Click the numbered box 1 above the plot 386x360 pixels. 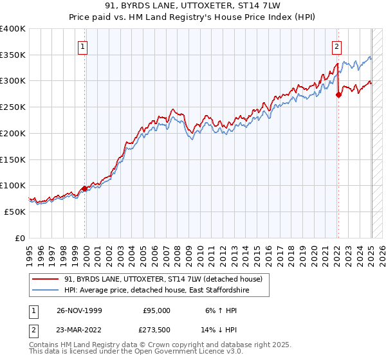point(84,46)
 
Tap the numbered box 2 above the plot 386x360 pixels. point(336,46)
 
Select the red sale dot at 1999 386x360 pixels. point(85,188)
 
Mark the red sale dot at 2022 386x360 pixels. point(338,94)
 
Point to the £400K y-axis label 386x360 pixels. point(12,29)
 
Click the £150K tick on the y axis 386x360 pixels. point(12,159)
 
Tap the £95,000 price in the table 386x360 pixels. point(156,310)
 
